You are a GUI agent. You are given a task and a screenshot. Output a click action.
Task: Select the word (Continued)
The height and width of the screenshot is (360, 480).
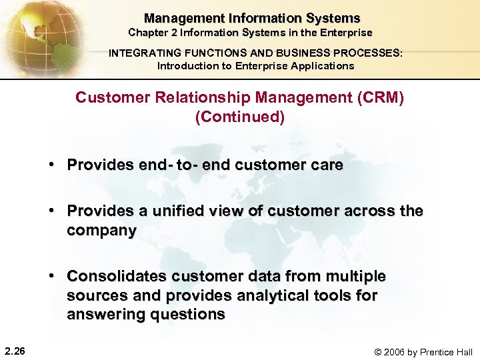(240, 117)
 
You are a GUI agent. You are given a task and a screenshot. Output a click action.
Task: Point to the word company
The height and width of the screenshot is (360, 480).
(101, 231)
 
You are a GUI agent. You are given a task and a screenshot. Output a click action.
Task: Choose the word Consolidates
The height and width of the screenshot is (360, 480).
(117, 276)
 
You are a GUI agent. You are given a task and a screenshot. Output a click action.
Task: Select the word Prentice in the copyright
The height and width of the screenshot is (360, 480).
(434, 351)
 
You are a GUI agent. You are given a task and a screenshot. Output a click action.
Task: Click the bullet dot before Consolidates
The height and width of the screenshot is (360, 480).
(51, 276)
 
